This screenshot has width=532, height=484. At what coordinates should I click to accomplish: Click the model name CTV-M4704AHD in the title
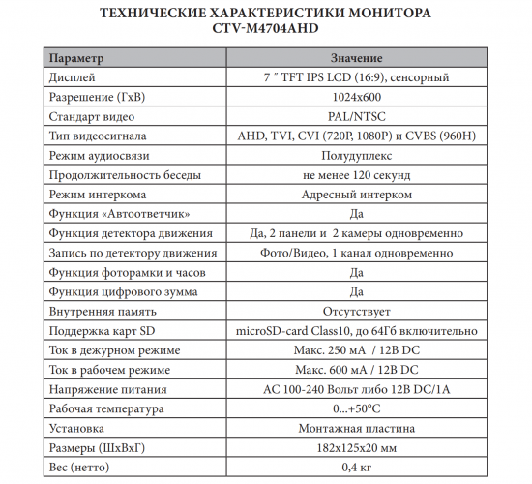click(x=265, y=30)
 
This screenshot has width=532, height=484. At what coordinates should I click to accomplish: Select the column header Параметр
click(x=79, y=60)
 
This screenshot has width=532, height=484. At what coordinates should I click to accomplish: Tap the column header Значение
click(x=355, y=60)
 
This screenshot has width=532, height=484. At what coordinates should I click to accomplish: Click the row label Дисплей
click(x=74, y=78)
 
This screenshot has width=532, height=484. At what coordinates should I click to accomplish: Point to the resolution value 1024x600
click(x=355, y=98)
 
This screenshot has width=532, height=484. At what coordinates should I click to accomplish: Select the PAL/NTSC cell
click(x=355, y=117)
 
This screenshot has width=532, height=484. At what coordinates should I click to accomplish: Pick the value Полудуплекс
click(x=355, y=156)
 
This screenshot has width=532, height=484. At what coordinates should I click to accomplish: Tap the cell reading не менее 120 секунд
click(x=355, y=175)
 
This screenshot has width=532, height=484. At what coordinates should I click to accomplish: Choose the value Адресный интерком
click(x=355, y=195)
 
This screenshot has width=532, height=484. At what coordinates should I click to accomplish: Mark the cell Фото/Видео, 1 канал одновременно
click(x=355, y=253)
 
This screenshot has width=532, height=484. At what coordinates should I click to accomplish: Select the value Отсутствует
click(x=355, y=311)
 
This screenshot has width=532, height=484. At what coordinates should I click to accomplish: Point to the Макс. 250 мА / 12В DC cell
click(x=355, y=349)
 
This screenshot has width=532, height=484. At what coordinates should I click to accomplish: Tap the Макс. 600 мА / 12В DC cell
click(x=355, y=369)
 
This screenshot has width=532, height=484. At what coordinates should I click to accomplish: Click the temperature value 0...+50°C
click(x=355, y=408)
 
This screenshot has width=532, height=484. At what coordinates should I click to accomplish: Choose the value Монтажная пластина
click(x=355, y=427)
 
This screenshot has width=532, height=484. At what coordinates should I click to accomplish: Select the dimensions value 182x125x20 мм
click(x=355, y=446)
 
